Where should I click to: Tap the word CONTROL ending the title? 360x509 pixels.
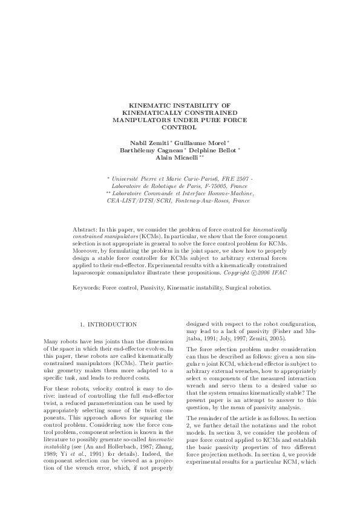pos(180,128)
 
